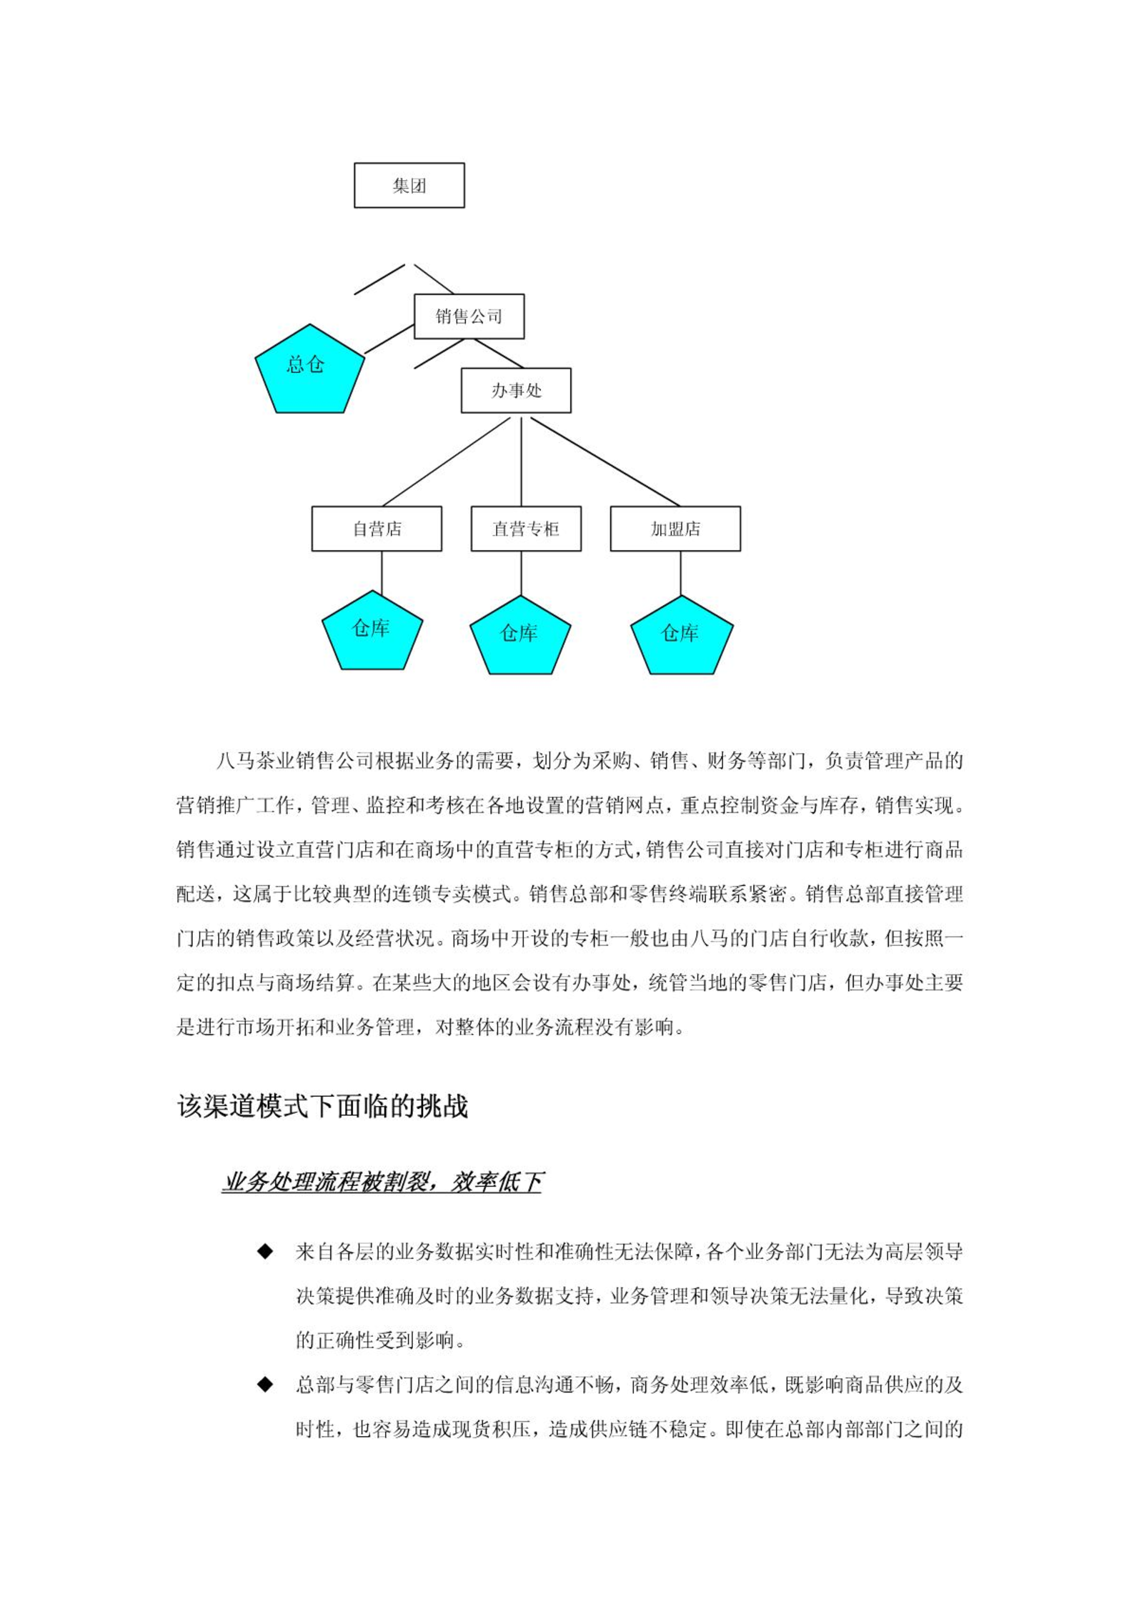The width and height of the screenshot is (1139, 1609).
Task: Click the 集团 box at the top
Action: coord(409,186)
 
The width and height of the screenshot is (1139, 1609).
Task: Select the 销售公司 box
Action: coord(469,317)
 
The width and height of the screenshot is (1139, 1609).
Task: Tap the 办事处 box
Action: coord(516,391)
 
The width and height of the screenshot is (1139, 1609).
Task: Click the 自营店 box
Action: coord(377,529)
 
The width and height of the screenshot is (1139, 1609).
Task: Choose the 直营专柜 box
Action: coord(526,529)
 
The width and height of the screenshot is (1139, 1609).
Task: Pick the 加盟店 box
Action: coord(675,529)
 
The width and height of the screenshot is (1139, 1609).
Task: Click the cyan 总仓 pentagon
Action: coord(309,369)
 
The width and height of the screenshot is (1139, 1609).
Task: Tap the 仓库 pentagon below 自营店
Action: coord(372,631)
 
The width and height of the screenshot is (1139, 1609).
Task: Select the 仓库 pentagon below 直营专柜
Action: coord(520,636)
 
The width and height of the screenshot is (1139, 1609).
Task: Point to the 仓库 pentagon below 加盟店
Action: coord(682,636)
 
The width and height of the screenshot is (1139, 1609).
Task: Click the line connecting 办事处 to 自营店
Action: coord(447,462)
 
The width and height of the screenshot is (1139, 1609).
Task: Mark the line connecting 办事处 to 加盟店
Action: coord(605,462)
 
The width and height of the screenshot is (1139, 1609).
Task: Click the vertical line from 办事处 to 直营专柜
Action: coord(521,462)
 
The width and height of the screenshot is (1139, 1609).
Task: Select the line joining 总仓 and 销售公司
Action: coord(389,339)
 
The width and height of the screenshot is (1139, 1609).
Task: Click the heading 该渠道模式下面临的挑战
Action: coord(322,1107)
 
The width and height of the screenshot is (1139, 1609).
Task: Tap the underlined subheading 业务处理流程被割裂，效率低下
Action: coord(382,1182)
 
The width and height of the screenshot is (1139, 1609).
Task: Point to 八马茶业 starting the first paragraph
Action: coord(255,762)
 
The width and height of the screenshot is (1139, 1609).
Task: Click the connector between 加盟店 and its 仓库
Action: coord(680,574)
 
